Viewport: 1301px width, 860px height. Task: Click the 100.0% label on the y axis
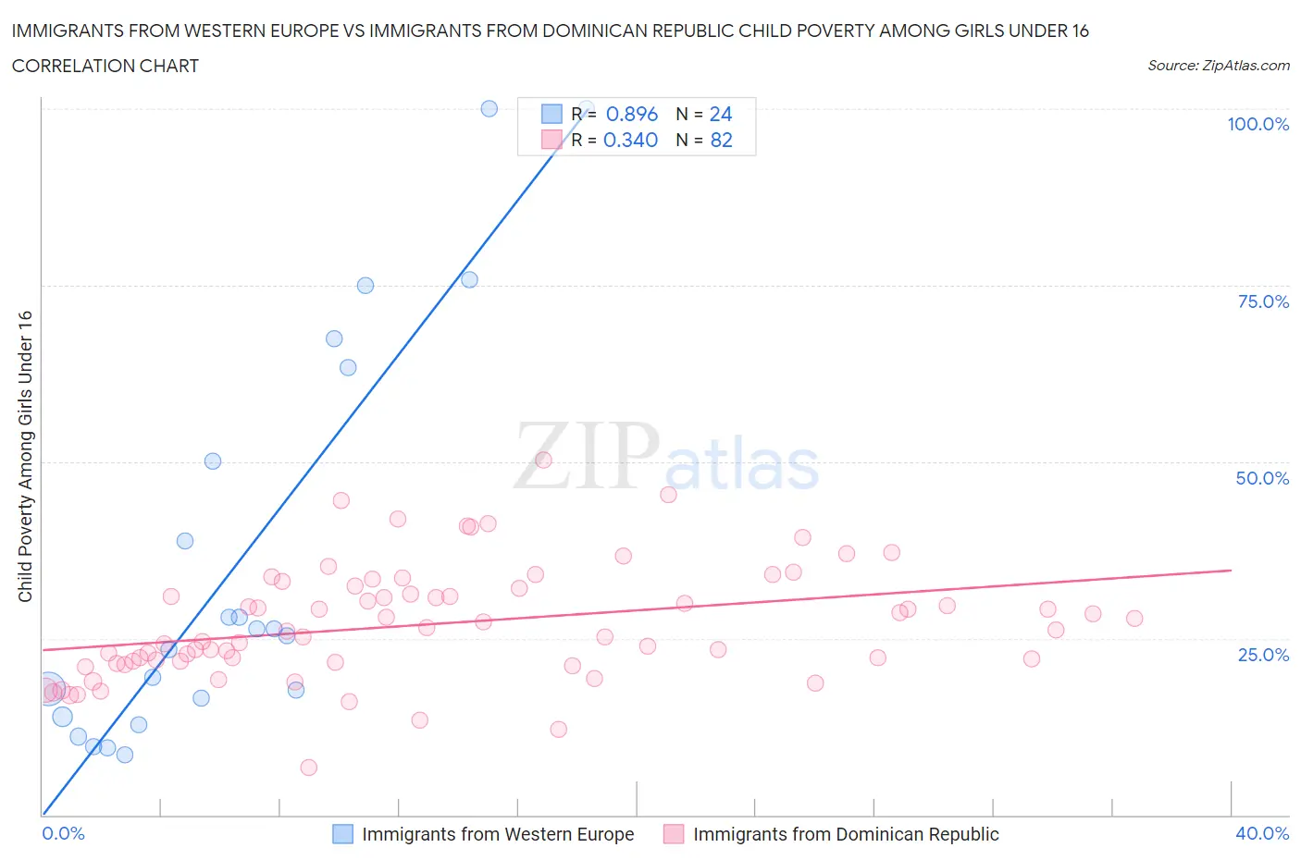click(1258, 124)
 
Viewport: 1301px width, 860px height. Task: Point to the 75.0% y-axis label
click(1263, 301)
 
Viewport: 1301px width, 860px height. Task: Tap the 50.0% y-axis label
click(1262, 478)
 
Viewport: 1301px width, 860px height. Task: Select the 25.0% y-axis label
click(1263, 655)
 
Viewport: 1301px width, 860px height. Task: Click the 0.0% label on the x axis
click(63, 833)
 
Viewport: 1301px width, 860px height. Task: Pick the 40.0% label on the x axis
click(1262, 833)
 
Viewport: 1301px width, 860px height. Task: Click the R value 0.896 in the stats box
click(631, 114)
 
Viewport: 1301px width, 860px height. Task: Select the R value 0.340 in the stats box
click(630, 140)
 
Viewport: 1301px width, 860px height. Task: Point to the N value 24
click(721, 114)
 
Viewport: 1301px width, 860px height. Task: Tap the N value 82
click(721, 140)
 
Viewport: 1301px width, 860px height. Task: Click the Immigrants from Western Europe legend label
click(498, 834)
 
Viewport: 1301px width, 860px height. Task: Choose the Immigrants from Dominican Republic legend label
click(846, 834)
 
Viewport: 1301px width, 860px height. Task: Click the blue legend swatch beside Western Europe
click(342, 834)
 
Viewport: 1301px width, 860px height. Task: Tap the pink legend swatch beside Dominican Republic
click(674, 834)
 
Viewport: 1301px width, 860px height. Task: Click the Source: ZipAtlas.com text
click(1218, 65)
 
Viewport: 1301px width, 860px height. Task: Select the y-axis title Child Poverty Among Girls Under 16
click(25, 456)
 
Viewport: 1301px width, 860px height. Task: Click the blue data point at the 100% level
click(489, 108)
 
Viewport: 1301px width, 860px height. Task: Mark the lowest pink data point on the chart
click(309, 768)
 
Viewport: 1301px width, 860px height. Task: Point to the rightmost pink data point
click(1134, 619)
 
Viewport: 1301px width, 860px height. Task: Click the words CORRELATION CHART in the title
click(105, 66)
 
